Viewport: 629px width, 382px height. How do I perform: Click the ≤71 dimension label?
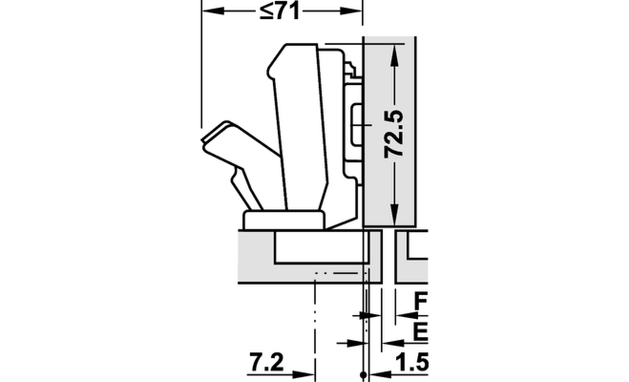tap(280, 11)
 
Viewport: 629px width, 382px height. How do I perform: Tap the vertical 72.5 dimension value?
tap(394, 134)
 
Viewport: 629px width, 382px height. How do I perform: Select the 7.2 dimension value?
tap(266, 362)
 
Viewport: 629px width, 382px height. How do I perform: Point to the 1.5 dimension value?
tap(412, 362)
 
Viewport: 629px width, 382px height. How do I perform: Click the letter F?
tap(421, 301)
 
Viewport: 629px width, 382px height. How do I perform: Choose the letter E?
tap(420, 331)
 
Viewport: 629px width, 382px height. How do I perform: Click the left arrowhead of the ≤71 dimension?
tap(213, 11)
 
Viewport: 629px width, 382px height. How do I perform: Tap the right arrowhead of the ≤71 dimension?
tap(351, 11)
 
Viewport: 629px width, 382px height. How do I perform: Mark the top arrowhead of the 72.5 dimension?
tap(395, 55)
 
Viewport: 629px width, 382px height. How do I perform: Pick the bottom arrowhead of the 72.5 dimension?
tap(395, 215)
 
